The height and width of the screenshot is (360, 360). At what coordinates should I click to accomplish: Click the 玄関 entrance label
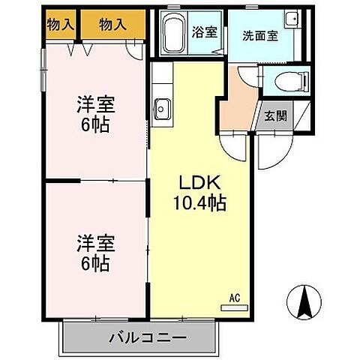276,115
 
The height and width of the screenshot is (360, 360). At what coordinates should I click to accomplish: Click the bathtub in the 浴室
174,34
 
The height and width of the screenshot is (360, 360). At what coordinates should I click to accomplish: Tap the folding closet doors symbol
79,49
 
